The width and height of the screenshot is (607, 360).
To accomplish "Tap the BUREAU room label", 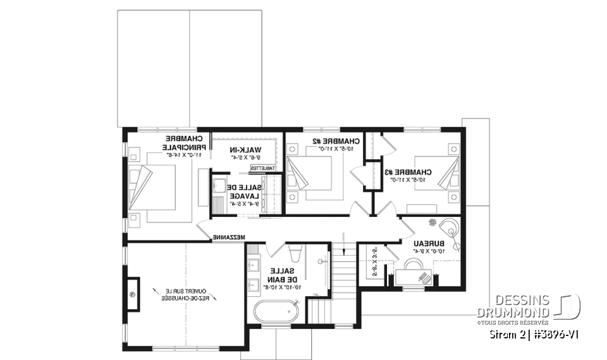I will coord(429,243).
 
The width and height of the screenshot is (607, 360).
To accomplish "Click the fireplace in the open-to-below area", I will coord(133,295).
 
